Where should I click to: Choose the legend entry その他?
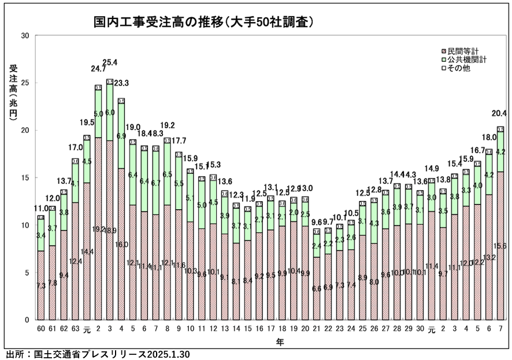tap(459, 68)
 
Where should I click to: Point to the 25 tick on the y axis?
tap(25, 83)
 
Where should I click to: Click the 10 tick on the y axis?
tap(25, 225)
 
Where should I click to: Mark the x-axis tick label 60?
tap(41, 329)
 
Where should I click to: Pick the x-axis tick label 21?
tap(316, 329)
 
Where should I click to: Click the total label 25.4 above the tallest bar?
tap(110, 62)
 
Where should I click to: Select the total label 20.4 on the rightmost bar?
tap(500, 113)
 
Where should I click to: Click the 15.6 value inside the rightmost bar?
tap(500, 246)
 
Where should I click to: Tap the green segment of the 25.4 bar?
tap(110, 113)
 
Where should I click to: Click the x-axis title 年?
tap(279, 342)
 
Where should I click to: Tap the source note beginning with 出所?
tap(98, 354)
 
